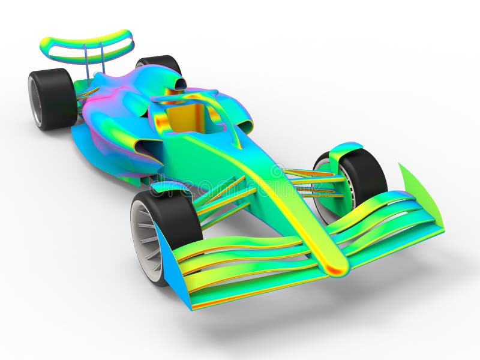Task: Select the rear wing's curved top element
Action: (x=87, y=42)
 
